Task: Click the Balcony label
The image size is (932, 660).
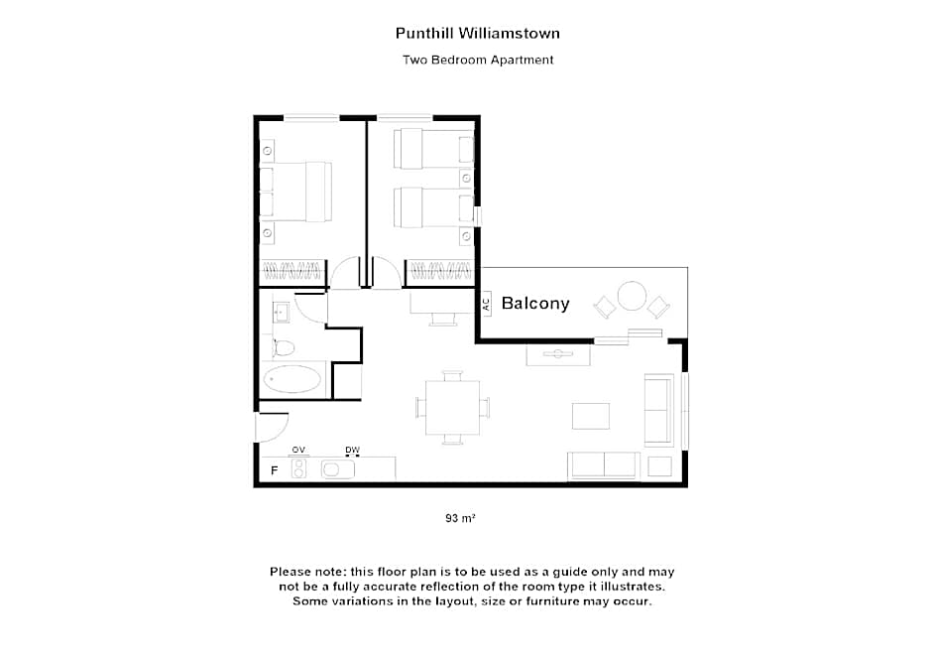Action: tap(535, 304)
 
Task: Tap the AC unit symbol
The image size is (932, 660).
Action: tap(486, 304)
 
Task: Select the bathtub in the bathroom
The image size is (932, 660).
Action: tap(291, 379)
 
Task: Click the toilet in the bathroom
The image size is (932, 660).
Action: tap(284, 347)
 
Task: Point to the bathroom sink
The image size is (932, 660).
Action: tap(281, 312)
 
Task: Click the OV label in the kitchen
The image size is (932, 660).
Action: tap(298, 450)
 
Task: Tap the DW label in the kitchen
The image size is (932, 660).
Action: tap(352, 450)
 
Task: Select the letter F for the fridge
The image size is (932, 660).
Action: tap(274, 470)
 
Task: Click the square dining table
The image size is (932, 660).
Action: tap(452, 408)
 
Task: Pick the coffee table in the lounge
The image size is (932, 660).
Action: tap(591, 416)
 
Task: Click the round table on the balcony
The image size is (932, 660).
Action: tap(632, 296)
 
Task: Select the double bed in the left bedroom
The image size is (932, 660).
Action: tap(296, 192)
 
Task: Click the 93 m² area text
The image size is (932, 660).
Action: tap(460, 518)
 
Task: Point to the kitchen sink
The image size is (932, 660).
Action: tap(338, 469)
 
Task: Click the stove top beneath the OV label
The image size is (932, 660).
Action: tap(298, 468)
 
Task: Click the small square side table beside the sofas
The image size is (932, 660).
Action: tap(659, 466)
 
